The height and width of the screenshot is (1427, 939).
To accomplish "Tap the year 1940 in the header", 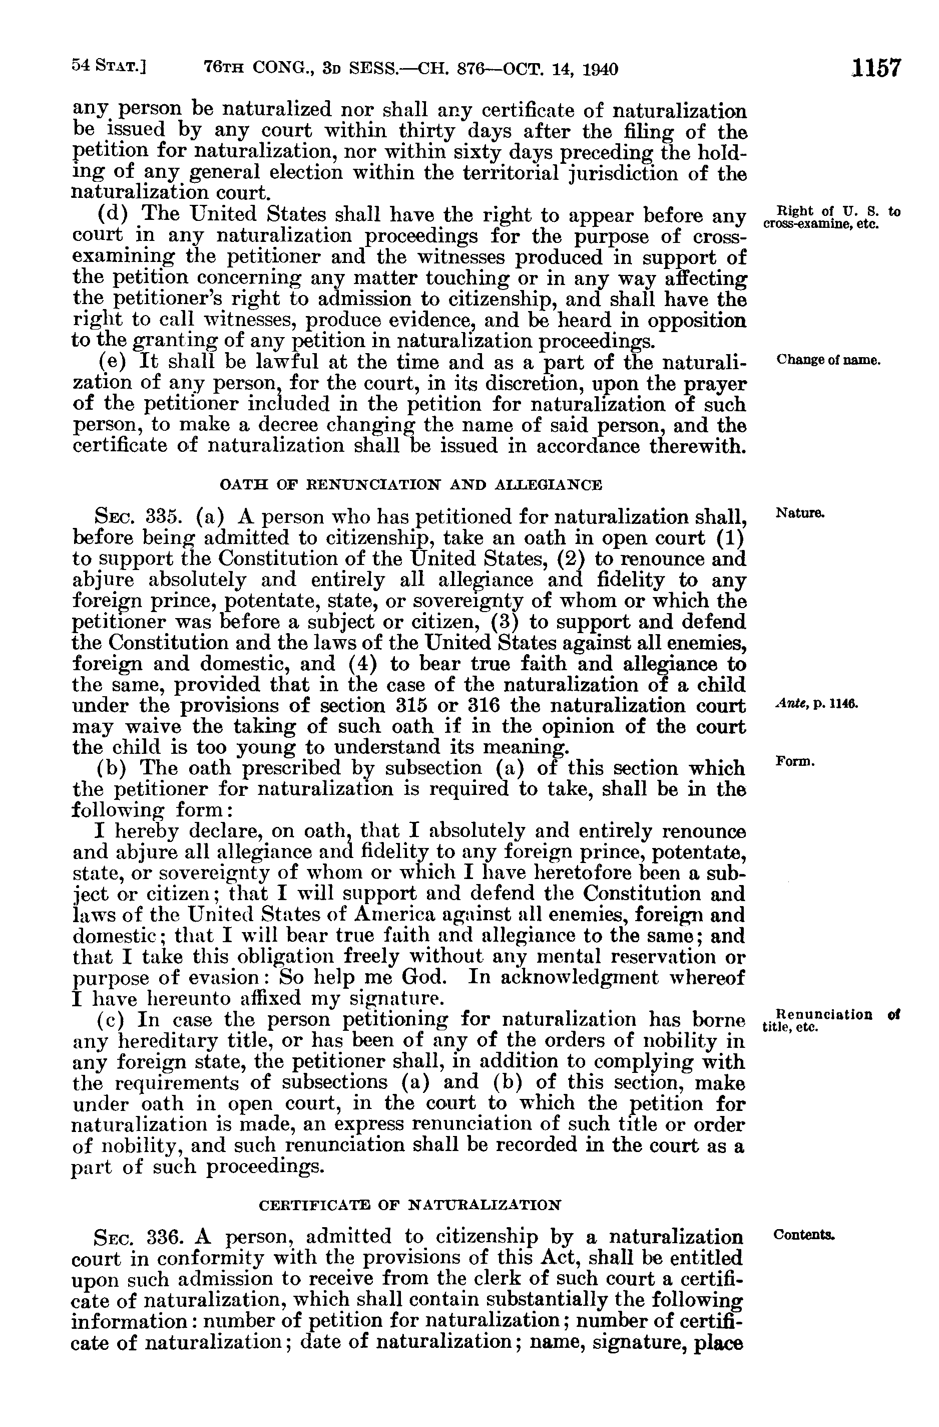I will click(600, 70).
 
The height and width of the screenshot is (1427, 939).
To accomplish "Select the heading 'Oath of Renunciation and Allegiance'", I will click(411, 484).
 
